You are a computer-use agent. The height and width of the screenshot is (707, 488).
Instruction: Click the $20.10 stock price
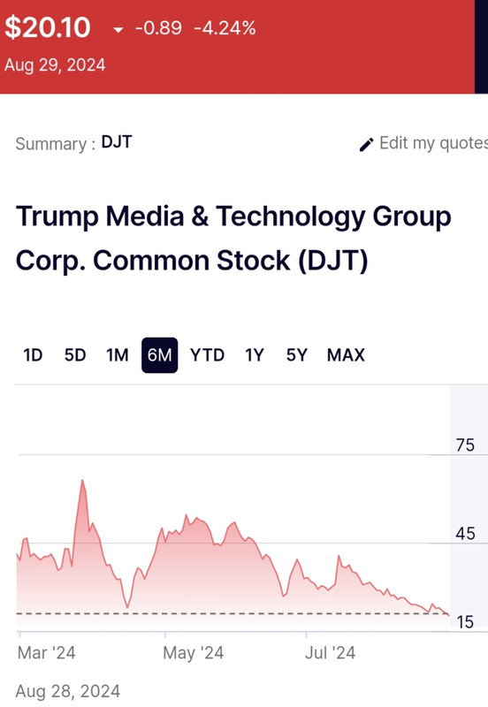pyautogui.click(x=48, y=27)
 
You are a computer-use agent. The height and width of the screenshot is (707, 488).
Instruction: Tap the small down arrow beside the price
pyautogui.click(x=118, y=30)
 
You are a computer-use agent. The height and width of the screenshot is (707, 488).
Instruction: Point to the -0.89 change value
pyautogui.click(x=158, y=28)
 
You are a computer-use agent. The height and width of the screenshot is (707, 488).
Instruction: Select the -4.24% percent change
pyautogui.click(x=225, y=28)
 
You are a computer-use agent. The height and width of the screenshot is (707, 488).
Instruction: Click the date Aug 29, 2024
pyautogui.click(x=55, y=65)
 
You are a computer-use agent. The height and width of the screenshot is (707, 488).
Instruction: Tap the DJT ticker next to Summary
pyautogui.click(x=117, y=142)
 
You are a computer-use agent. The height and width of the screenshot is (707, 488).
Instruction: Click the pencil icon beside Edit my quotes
pyautogui.click(x=366, y=145)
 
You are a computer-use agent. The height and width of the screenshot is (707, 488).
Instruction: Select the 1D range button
pyautogui.click(x=33, y=355)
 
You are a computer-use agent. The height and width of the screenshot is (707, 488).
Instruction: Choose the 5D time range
pyautogui.click(x=75, y=355)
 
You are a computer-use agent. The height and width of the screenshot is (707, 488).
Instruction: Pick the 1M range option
pyautogui.click(x=118, y=355)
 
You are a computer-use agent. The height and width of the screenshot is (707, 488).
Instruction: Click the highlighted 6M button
pyautogui.click(x=160, y=355)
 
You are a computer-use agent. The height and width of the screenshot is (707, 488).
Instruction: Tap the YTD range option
pyautogui.click(x=208, y=355)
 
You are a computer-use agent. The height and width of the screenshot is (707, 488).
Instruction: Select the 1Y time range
pyautogui.click(x=255, y=355)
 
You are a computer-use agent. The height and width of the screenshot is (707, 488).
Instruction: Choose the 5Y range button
pyautogui.click(x=297, y=355)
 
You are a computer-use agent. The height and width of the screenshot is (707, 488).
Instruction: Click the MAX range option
pyautogui.click(x=346, y=355)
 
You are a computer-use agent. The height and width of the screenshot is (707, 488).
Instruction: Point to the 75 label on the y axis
pyautogui.click(x=465, y=445)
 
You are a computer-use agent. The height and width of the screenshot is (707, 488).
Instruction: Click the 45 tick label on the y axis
pyautogui.click(x=465, y=534)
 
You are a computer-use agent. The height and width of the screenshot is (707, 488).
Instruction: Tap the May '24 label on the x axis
pyautogui.click(x=193, y=653)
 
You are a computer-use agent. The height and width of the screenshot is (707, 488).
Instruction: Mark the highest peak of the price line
pyautogui.click(x=82, y=480)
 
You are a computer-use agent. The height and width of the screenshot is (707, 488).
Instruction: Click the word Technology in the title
pyautogui.click(x=290, y=217)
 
